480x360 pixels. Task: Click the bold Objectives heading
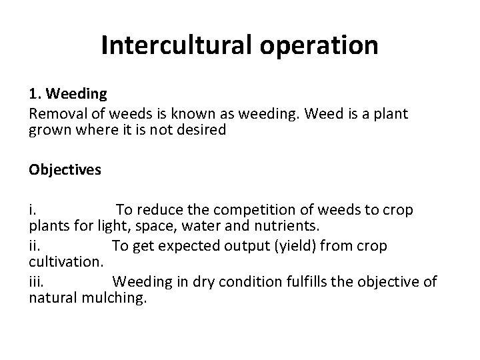65,169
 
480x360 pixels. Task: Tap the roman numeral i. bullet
32,210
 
